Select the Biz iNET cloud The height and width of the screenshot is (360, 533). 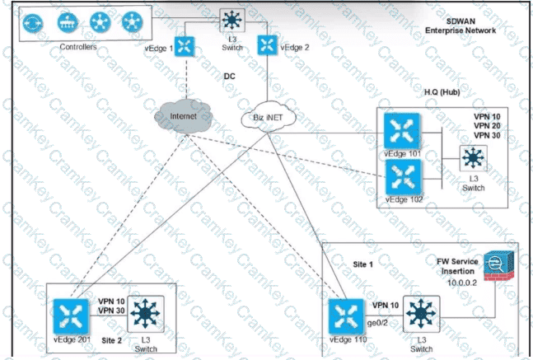pyautogui.click(x=263, y=120)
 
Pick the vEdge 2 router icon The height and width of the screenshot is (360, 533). pyautogui.click(x=266, y=44)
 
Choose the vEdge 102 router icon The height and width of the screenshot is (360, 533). pyautogui.click(x=402, y=176)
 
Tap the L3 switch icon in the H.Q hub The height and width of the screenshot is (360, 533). pyautogui.click(x=473, y=158)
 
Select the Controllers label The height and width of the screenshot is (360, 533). pyautogui.click(x=79, y=47)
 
